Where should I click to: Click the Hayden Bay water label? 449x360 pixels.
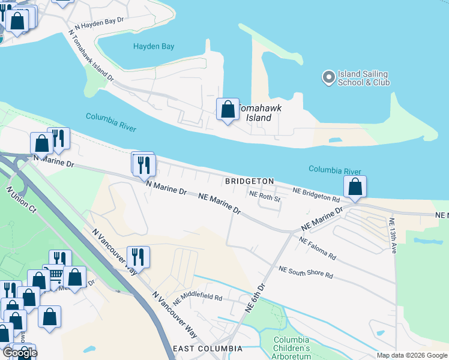[x=153, y=46]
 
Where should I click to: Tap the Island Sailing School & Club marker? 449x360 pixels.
[x=328, y=77]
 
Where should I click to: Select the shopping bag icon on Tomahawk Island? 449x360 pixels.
[x=228, y=110]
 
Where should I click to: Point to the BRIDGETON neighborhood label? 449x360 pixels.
[x=249, y=181]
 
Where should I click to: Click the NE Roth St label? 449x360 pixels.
[x=265, y=195]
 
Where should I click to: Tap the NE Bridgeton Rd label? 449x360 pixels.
[x=316, y=194]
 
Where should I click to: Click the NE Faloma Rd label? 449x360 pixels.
[x=317, y=247]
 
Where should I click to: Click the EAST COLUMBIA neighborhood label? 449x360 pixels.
[x=207, y=349]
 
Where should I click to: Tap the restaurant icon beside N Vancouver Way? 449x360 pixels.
[x=138, y=257]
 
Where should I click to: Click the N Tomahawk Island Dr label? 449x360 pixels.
[x=91, y=56]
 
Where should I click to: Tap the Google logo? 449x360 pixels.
[x=20, y=353]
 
